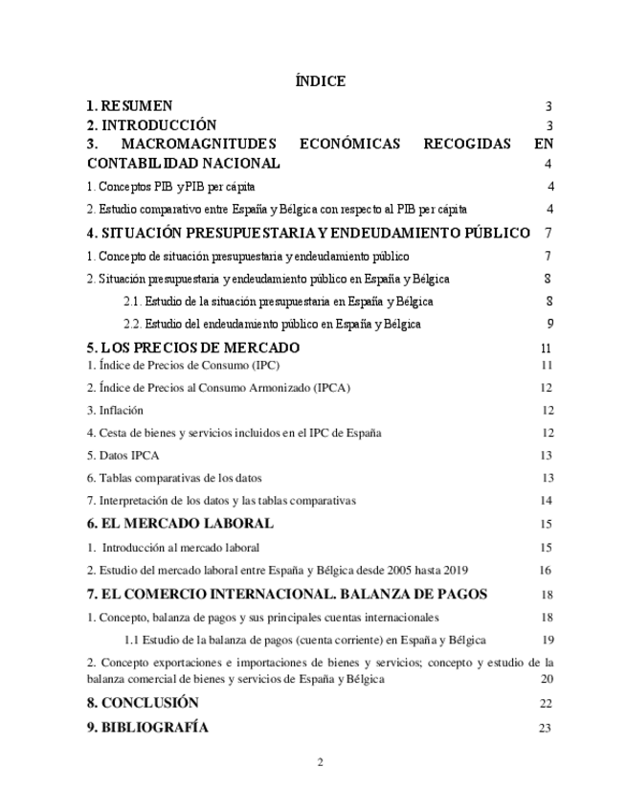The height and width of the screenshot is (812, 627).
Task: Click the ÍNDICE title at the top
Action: point(321,82)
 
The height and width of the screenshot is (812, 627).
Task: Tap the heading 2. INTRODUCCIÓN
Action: point(151,125)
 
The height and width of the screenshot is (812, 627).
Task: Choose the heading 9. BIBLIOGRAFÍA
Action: point(147,728)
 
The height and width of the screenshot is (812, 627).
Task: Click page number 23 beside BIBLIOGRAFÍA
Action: point(546,729)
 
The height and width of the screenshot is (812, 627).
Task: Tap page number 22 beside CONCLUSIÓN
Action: point(546,704)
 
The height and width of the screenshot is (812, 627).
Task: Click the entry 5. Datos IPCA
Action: point(123,455)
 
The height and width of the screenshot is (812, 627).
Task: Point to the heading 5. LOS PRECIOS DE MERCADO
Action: point(192,348)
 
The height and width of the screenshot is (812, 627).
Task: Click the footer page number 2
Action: point(321,762)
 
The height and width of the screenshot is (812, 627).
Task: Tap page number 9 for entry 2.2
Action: point(550,325)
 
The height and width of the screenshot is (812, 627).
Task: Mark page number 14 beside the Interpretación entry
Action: point(547,500)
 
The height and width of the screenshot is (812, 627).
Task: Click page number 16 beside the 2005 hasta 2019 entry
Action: point(546,571)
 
